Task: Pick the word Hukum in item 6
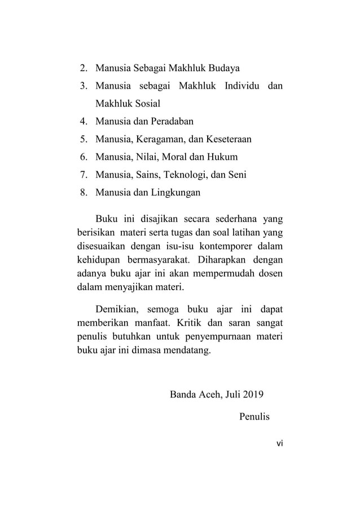223,156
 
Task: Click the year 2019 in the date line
257,394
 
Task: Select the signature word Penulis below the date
254,418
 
